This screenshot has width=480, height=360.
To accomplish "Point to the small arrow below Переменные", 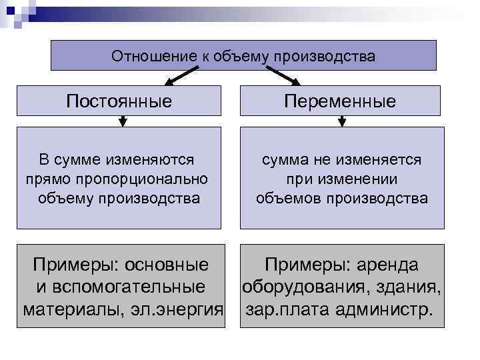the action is pyautogui.click(x=342, y=121).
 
